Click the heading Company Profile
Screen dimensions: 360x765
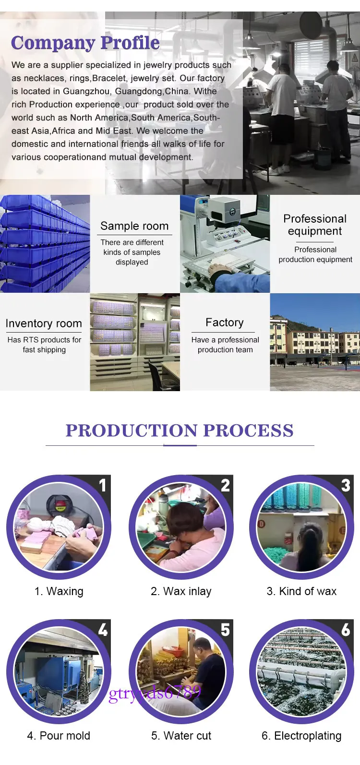click(x=85, y=43)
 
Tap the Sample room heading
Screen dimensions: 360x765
click(x=134, y=226)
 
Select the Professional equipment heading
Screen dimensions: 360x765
click(x=315, y=225)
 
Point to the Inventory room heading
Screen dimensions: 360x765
click(x=44, y=323)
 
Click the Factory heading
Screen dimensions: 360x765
click(x=225, y=323)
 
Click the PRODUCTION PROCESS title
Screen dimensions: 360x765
click(x=180, y=430)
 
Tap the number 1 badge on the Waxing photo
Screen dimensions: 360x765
click(x=102, y=485)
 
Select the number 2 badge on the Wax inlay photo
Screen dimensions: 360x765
click(x=225, y=485)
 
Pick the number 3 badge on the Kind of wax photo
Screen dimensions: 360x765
click(x=346, y=485)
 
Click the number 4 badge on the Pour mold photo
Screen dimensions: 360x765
click(x=103, y=629)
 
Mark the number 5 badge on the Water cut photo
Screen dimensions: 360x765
click(x=225, y=629)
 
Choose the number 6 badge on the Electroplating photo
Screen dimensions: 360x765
click(x=346, y=629)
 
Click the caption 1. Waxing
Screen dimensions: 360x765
click(x=59, y=591)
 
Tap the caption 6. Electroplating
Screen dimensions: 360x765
click(x=301, y=736)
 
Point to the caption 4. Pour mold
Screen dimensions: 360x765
click(x=59, y=735)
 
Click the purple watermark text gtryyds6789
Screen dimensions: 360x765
click(x=155, y=693)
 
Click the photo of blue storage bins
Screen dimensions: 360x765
click(x=45, y=243)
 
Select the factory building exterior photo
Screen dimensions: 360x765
click(x=315, y=342)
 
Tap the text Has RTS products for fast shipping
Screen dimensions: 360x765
click(x=45, y=345)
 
